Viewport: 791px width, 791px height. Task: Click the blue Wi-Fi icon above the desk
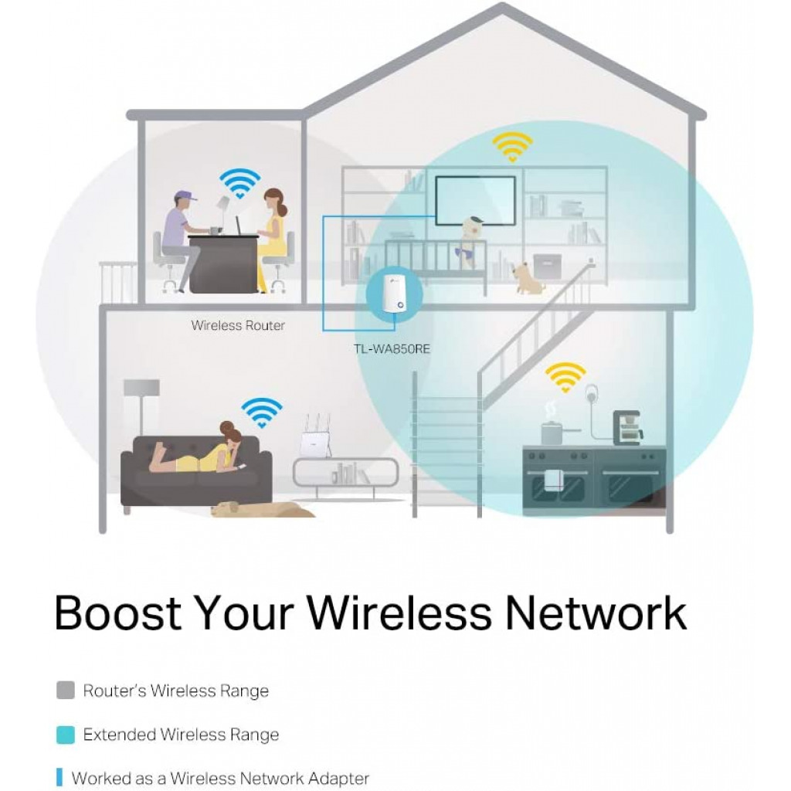pyautogui.click(x=239, y=184)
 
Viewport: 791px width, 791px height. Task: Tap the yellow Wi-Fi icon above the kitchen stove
pyautogui.click(x=565, y=378)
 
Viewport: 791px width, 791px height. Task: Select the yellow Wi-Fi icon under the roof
pyautogui.click(x=513, y=145)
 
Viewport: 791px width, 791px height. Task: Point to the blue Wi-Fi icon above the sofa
pyautogui.click(x=261, y=412)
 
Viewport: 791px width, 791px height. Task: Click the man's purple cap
pyautogui.click(x=185, y=196)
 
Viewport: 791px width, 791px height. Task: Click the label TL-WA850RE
pyautogui.click(x=392, y=348)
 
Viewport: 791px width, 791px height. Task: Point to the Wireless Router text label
pyautogui.click(x=238, y=326)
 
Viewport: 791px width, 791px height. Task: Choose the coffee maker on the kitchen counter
pyautogui.click(x=627, y=427)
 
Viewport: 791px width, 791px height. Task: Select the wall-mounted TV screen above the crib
pyautogui.click(x=475, y=200)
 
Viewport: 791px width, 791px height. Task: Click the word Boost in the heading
pyautogui.click(x=117, y=613)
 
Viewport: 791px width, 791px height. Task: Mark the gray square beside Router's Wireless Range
pyautogui.click(x=66, y=690)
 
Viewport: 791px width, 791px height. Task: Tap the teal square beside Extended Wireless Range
pyautogui.click(x=66, y=735)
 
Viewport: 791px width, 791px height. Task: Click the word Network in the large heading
pyautogui.click(x=596, y=613)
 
